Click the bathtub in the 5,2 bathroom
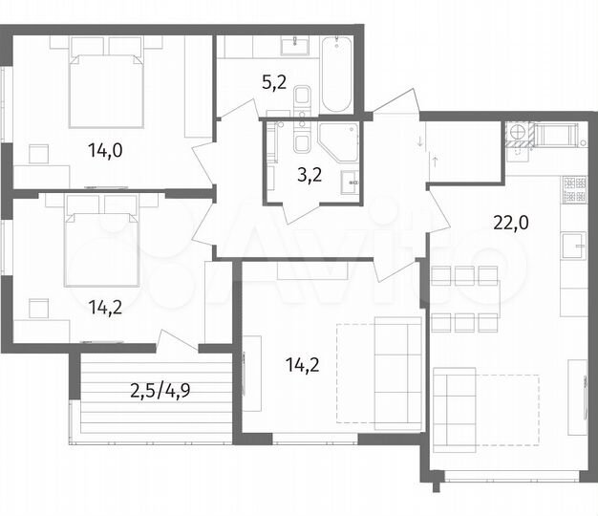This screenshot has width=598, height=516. click(x=337, y=74)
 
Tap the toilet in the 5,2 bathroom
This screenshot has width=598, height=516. click(x=303, y=97)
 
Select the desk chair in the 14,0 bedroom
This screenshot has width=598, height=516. click(x=39, y=154)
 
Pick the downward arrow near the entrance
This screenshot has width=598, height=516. click(x=418, y=143)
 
